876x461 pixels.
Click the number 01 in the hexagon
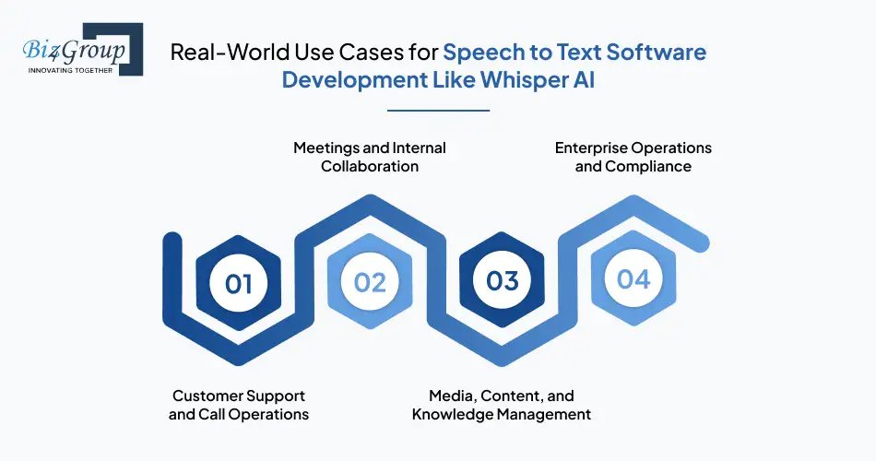(x=239, y=282)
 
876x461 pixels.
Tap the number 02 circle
(x=370, y=282)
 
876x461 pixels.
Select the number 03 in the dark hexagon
(x=503, y=280)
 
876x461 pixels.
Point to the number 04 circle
(x=634, y=279)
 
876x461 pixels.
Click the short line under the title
(x=438, y=110)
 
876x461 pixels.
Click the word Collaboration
(x=370, y=166)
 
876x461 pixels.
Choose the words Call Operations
(x=253, y=414)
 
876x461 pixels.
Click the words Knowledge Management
(x=501, y=414)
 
